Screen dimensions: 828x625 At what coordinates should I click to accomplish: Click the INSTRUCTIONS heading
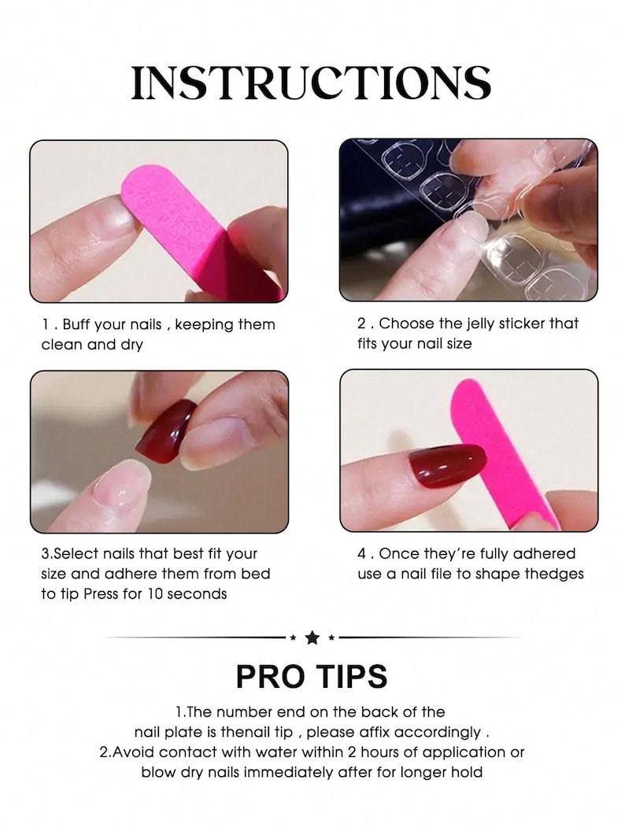(312, 83)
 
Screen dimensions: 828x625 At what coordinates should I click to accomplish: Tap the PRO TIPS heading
(312, 676)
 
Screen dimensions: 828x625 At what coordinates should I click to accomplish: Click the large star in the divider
(312, 638)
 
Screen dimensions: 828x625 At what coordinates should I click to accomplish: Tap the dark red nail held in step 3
(165, 429)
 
